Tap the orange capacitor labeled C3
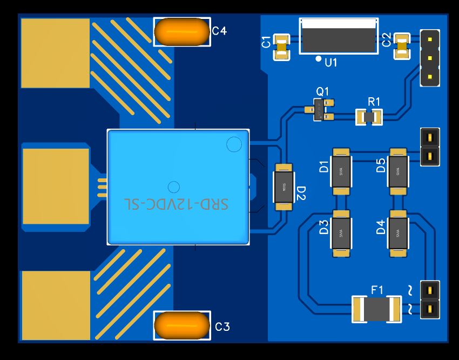[181, 325]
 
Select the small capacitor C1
[281, 47]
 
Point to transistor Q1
[321, 109]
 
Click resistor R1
[369, 117]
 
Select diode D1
[341, 172]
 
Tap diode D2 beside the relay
[283, 187]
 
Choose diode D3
[341, 234]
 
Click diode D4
[398, 234]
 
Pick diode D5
[398, 172]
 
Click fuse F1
[376, 309]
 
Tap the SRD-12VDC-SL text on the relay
[177, 204]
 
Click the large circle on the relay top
[234, 144]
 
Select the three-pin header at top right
[429, 58]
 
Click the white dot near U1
[319, 58]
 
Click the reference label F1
[377, 290]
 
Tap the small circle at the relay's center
[173, 187]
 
